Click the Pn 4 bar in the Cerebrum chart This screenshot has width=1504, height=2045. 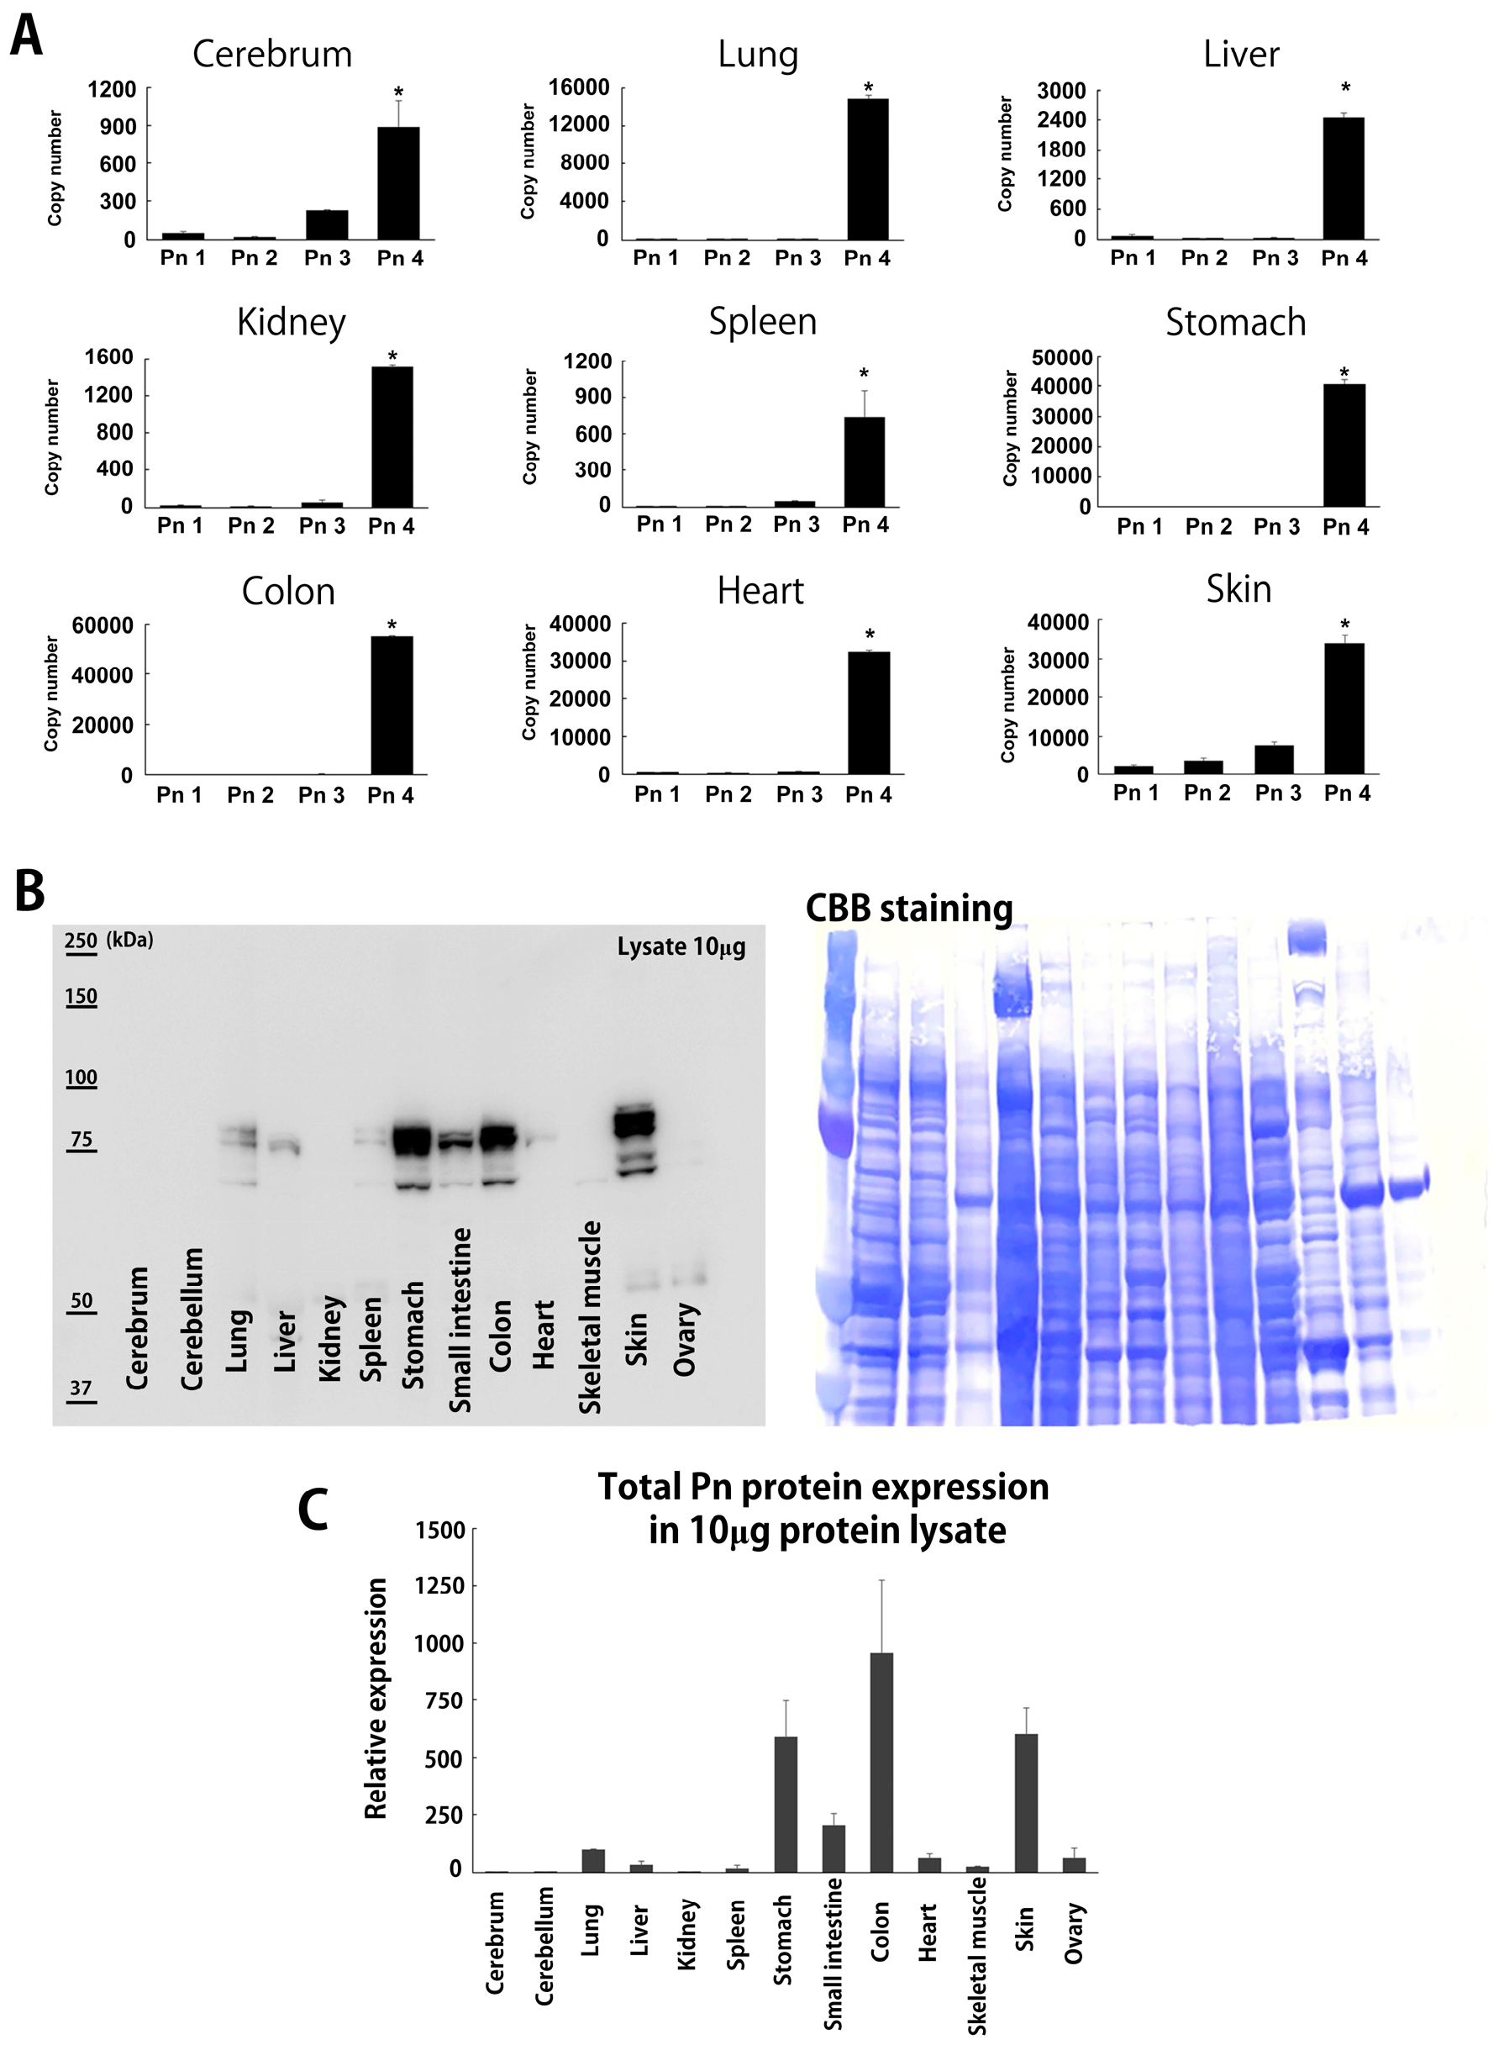coord(399,183)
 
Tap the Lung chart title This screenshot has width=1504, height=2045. coord(758,55)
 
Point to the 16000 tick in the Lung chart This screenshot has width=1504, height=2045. coord(579,87)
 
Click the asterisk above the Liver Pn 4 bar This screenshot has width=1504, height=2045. coord(1344,88)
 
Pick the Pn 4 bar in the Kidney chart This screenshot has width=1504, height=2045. coord(392,436)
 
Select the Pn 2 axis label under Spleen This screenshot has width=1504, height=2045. coord(728,524)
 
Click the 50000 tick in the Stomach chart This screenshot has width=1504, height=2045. coord(1061,358)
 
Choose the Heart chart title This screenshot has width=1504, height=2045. coord(760,591)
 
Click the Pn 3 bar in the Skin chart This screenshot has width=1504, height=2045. coord(1274,759)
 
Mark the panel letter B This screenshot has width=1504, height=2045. coord(30,890)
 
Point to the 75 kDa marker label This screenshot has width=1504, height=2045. coord(81,1139)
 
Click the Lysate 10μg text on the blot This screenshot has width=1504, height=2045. coord(681,947)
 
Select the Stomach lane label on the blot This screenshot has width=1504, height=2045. coord(413,1334)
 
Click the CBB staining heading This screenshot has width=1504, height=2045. coord(908,909)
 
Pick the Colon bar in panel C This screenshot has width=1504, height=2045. coord(881,1762)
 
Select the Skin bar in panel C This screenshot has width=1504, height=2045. coord(1025,1802)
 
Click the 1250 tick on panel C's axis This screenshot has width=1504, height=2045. coord(439,1585)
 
